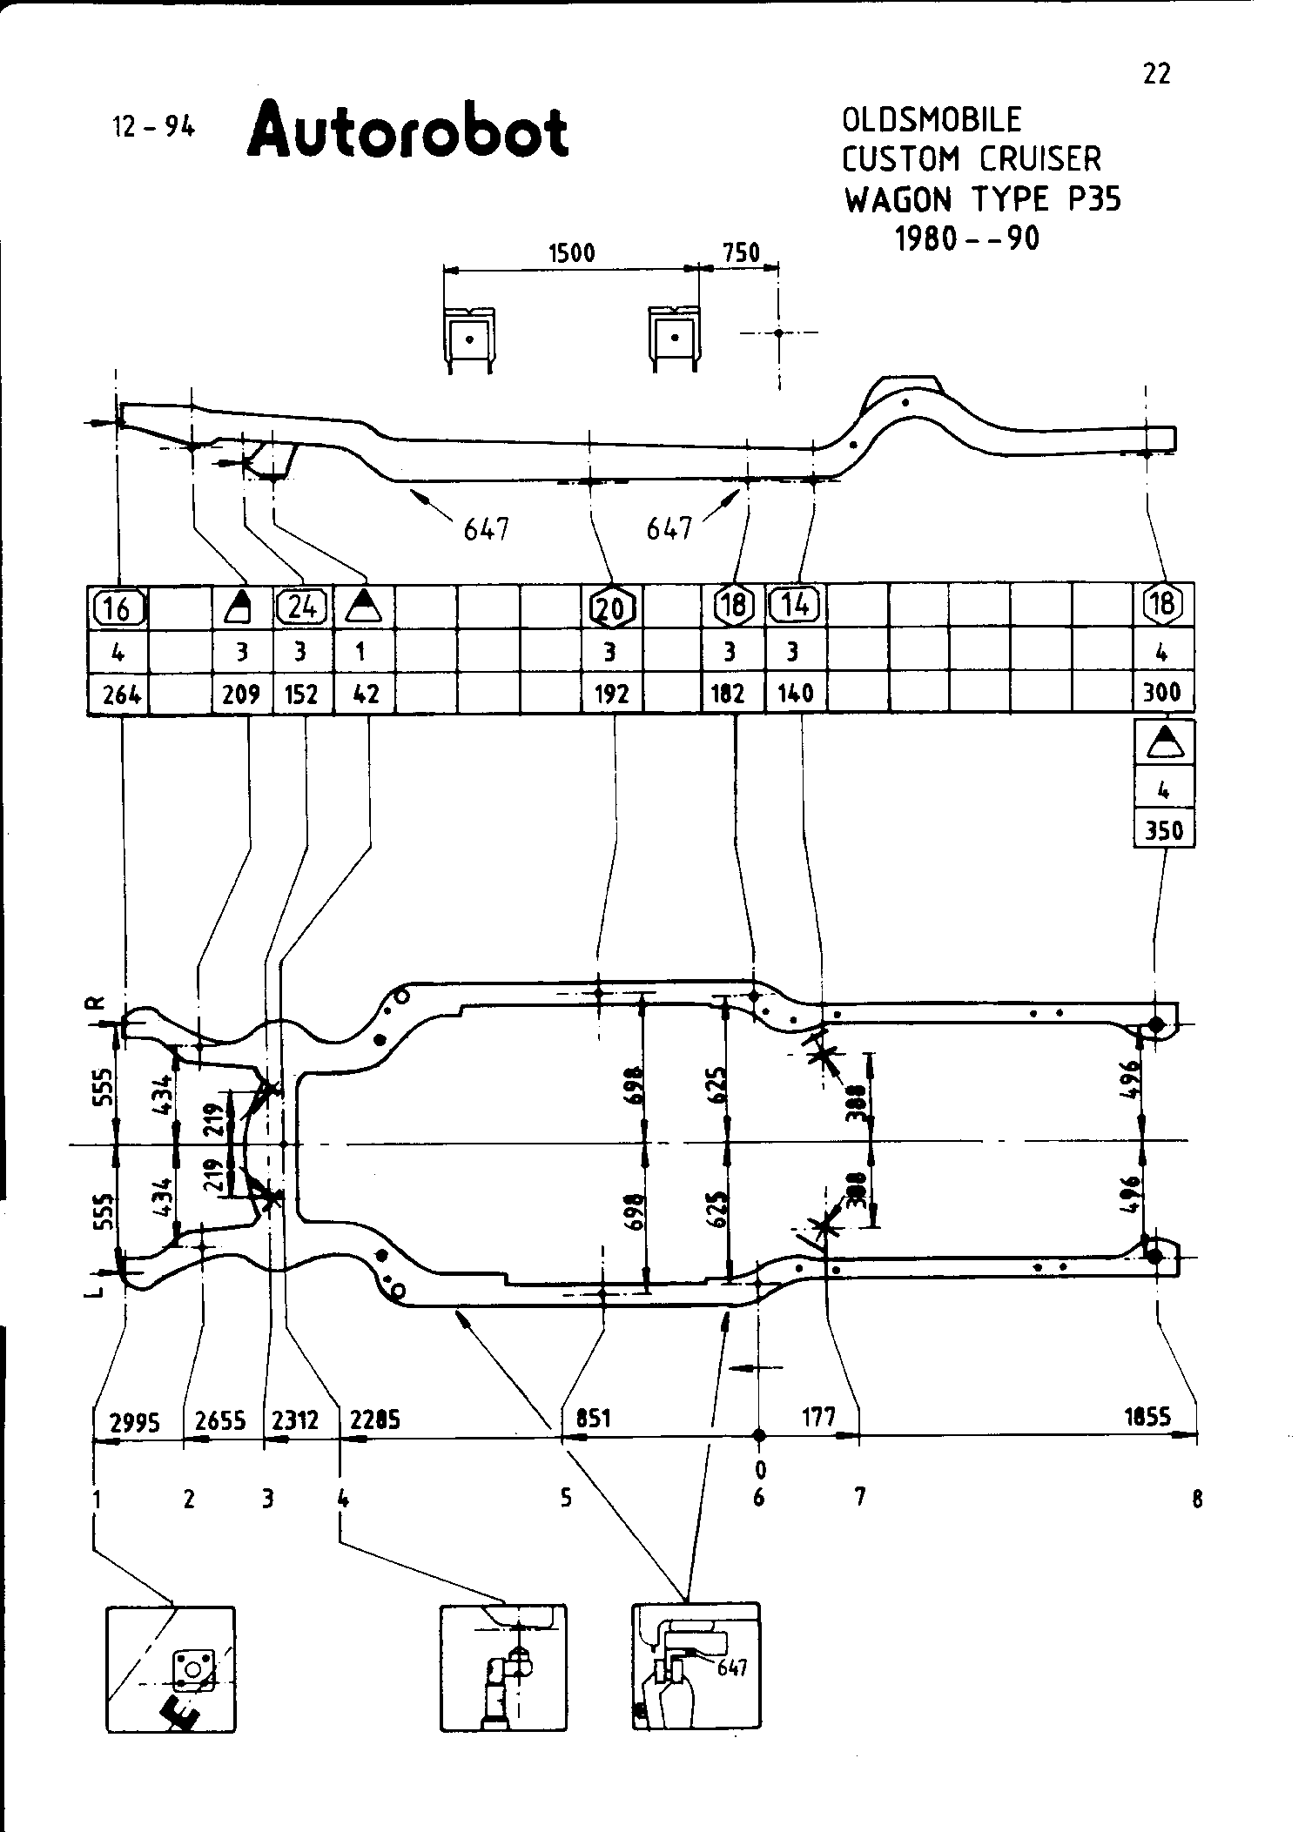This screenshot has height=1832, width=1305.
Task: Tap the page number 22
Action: [1156, 75]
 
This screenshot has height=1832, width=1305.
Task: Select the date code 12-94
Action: [154, 127]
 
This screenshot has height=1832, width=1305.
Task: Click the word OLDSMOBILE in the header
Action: [931, 119]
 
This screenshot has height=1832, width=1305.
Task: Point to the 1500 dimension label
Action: [572, 253]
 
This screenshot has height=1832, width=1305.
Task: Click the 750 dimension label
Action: [742, 253]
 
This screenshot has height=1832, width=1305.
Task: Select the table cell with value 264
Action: [119, 694]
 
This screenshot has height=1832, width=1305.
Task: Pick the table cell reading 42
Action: [363, 694]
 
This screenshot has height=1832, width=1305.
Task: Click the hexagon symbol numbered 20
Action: [612, 607]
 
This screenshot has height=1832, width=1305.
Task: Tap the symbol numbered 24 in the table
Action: [302, 607]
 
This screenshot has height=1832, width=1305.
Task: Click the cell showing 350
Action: [1164, 830]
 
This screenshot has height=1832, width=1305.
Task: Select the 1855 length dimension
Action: [1147, 1417]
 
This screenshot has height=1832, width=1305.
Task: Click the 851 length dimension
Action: [593, 1418]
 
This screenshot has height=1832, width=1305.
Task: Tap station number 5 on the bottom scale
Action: [566, 1498]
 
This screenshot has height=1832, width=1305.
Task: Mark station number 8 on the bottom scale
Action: [1197, 1498]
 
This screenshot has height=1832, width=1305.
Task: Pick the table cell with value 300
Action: [1162, 693]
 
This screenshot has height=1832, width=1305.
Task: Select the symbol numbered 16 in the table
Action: [118, 607]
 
